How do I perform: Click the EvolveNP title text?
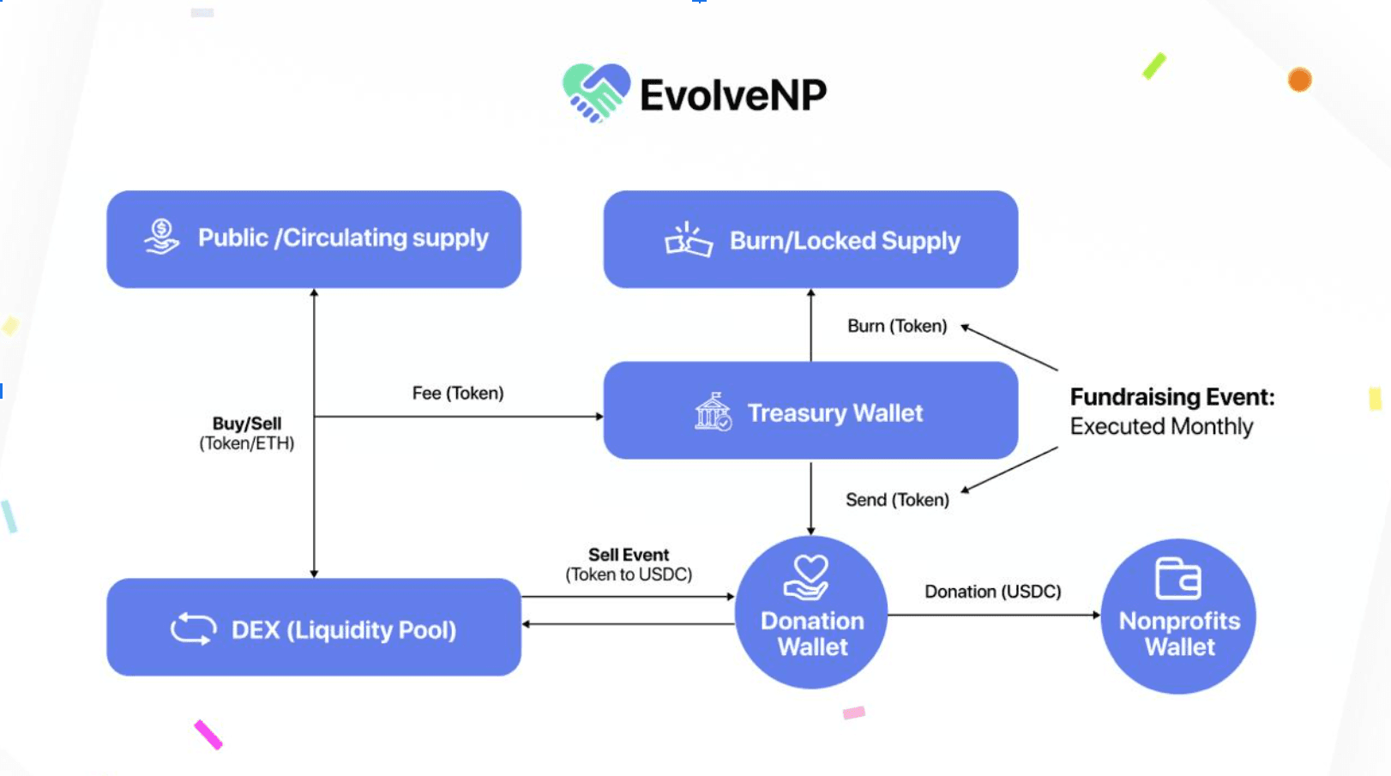click(x=732, y=94)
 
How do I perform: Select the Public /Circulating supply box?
click(x=314, y=239)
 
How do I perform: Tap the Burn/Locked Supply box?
click(x=810, y=239)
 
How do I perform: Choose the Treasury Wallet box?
click(x=810, y=411)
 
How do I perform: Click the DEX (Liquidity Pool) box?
click(x=314, y=627)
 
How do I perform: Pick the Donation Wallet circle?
click(x=811, y=612)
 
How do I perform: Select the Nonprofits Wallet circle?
click(x=1178, y=616)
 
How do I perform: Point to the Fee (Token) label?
click(x=458, y=393)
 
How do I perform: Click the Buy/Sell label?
click(x=247, y=424)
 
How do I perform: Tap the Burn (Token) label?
click(x=897, y=326)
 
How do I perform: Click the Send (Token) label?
click(x=897, y=500)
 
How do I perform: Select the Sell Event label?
click(x=629, y=555)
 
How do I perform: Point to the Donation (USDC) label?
click(x=992, y=592)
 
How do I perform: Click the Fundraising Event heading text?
click(x=1171, y=397)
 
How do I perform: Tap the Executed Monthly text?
click(x=1161, y=426)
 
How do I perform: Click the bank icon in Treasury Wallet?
click(x=713, y=412)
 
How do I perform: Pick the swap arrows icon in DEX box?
click(x=193, y=629)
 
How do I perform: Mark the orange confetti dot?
click(x=1299, y=80)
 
